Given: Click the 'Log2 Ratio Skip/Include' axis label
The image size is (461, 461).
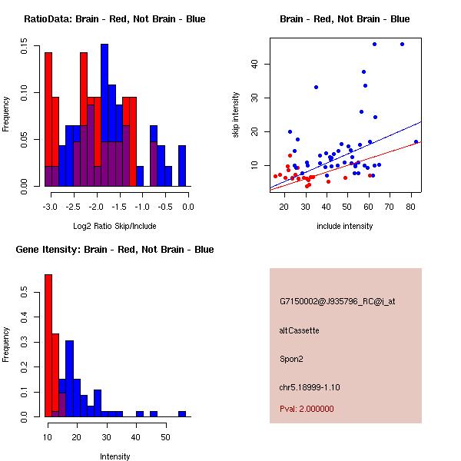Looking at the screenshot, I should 114,227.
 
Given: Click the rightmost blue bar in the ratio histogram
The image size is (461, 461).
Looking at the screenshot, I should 182,165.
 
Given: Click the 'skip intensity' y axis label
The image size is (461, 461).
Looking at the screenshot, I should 236,115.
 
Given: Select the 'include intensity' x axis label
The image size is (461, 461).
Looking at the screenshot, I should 344,226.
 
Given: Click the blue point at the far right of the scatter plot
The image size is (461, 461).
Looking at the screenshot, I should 416,141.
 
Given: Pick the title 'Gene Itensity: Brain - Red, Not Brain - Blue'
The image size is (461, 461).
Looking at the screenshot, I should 114,250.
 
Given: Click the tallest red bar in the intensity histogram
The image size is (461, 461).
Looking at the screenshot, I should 48,345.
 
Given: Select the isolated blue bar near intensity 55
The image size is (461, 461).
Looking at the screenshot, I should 182,413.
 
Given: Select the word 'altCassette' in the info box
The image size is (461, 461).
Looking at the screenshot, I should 299,330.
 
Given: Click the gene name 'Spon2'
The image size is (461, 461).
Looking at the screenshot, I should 291,358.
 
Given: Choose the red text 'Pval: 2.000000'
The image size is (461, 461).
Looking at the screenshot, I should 310,410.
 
